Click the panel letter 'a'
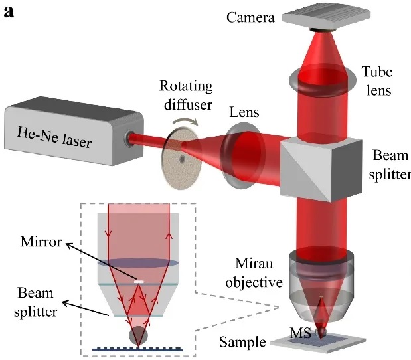pos(9,11)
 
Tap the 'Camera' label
pos(250,17)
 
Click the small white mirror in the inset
pos(139,282)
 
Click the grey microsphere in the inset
pos(139,333)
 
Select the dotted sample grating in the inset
pos(139,347)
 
